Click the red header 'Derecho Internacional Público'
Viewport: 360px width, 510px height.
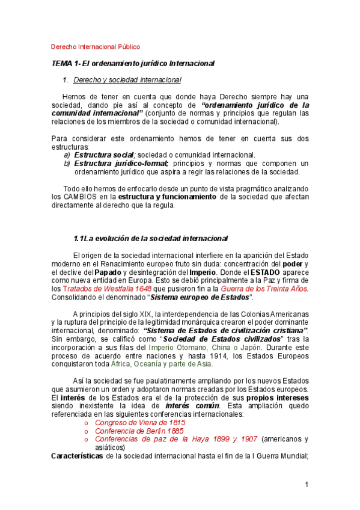[96, 46]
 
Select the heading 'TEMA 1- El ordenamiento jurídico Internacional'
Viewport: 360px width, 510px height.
[133, 63]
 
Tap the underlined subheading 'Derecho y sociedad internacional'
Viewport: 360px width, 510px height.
[127, 79]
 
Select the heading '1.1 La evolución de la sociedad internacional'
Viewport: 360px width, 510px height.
[150, 239]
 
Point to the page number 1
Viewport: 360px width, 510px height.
[306, 485]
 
